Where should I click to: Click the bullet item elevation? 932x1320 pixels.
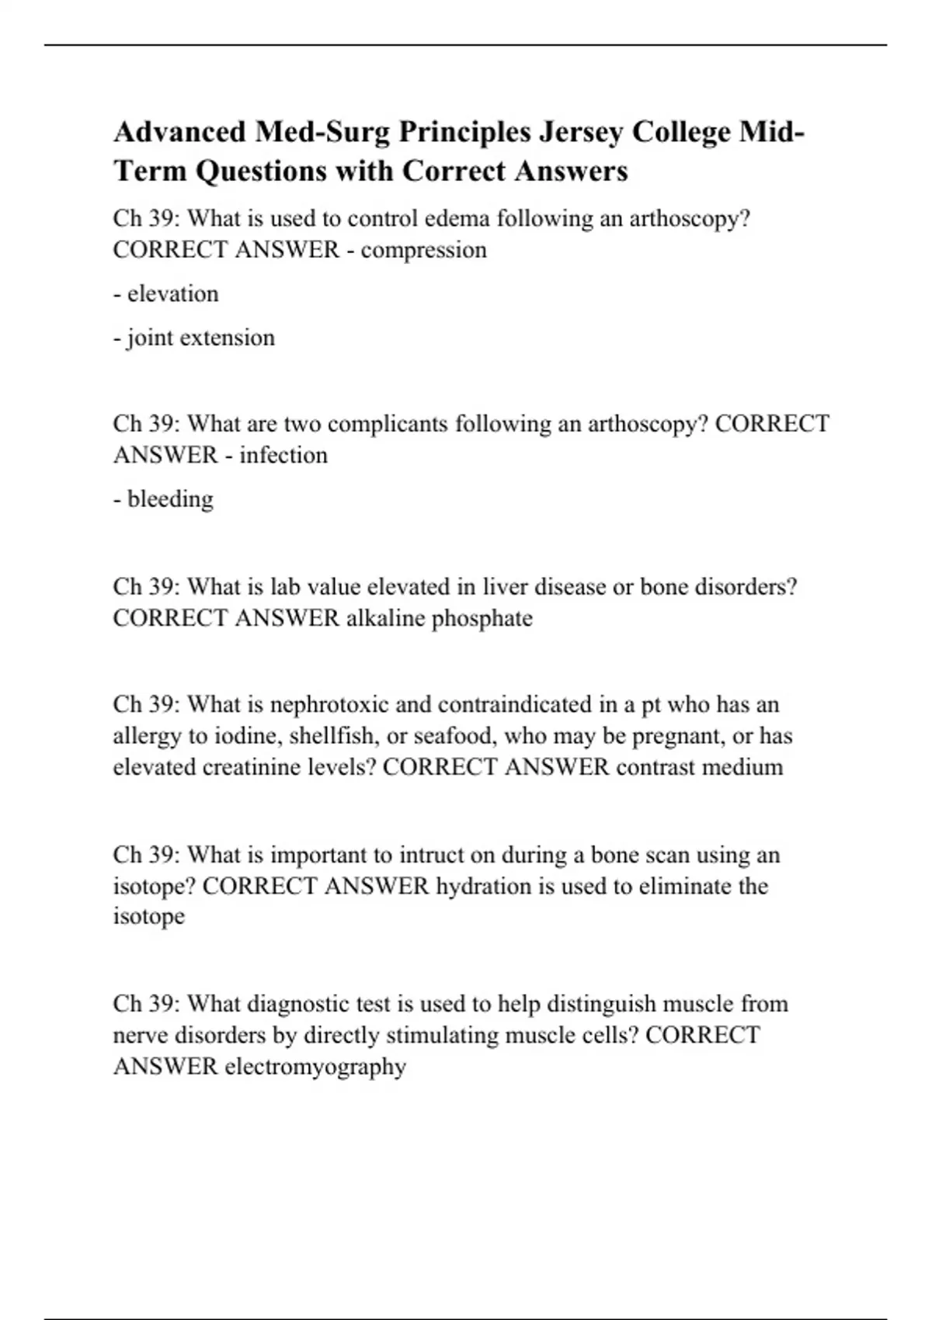pos(172,294)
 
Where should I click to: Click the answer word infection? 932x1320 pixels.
pos(283,455)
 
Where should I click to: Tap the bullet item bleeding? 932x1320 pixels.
pos(170,498)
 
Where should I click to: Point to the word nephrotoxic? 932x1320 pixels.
pos(329,705)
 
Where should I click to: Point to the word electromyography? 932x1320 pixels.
pos(315,1067)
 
